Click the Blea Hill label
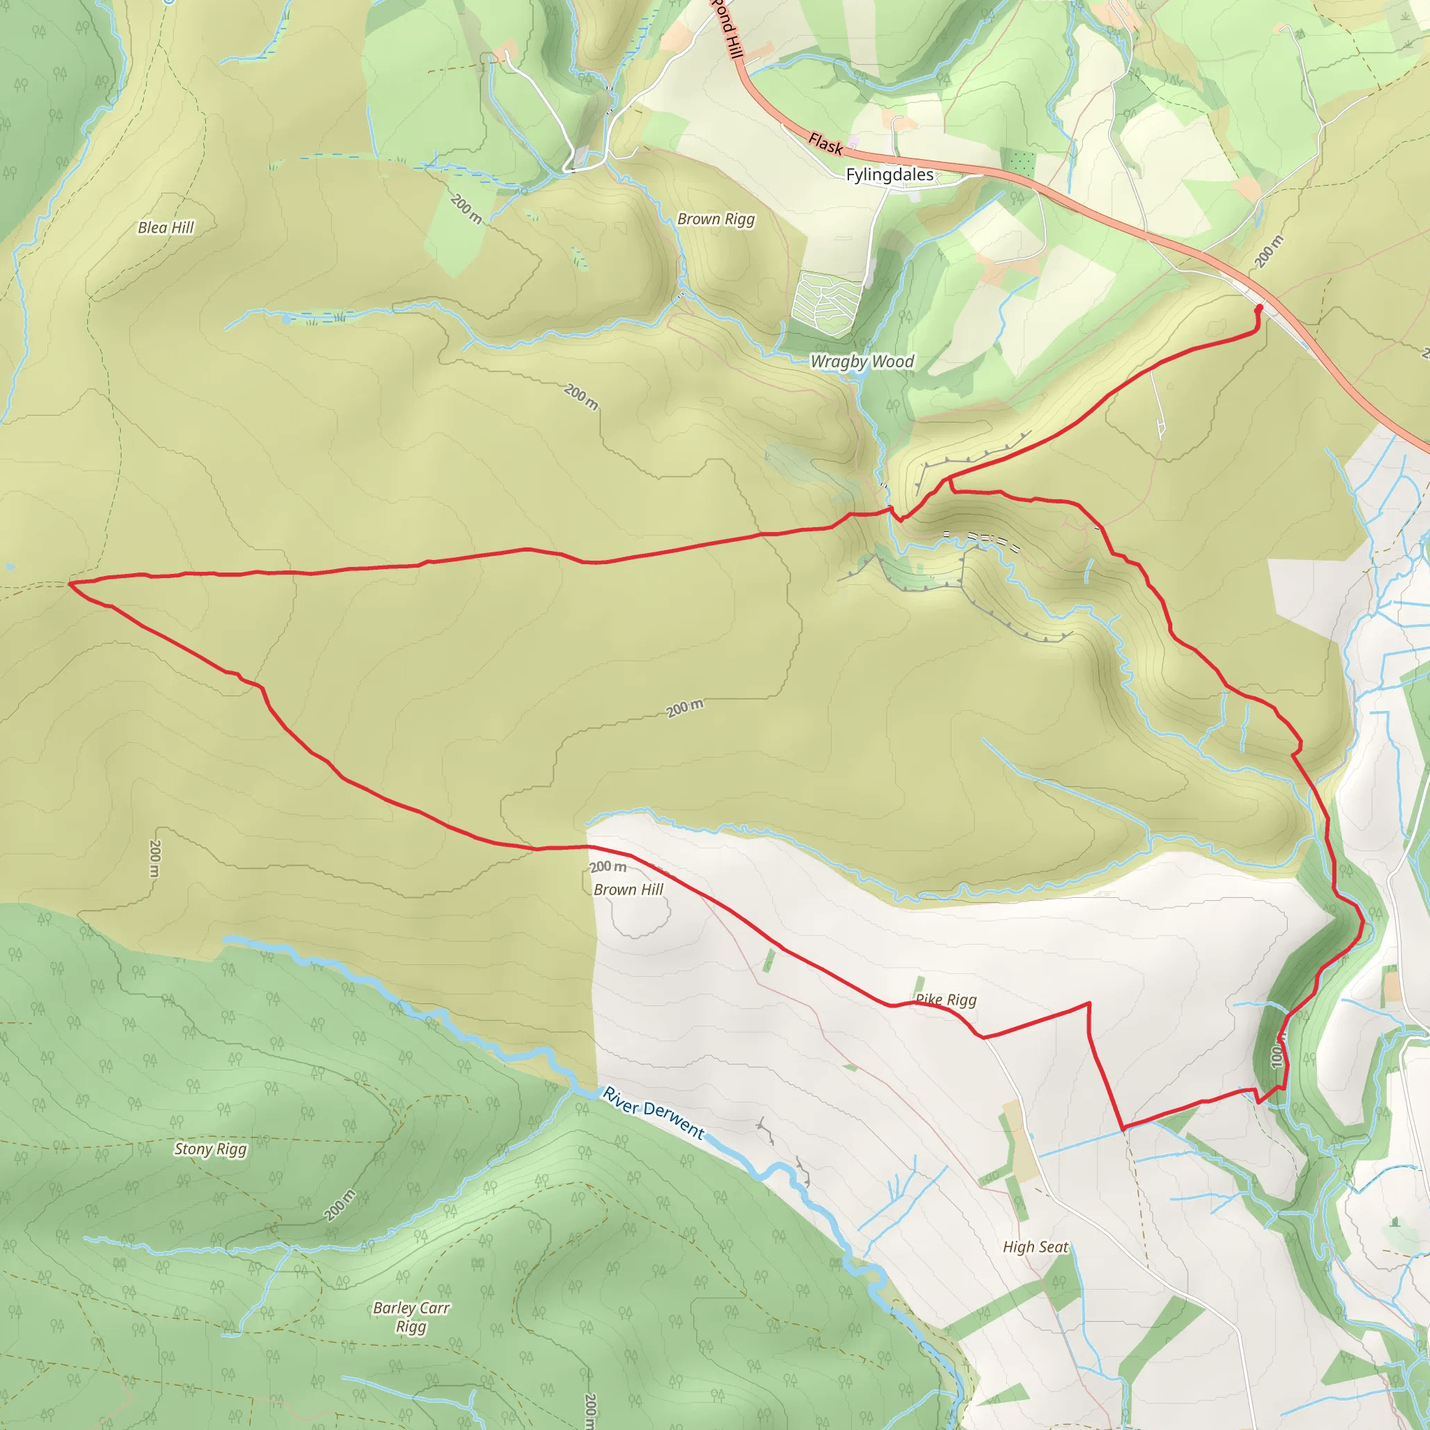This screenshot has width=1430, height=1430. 165,227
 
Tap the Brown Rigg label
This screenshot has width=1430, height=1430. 716,219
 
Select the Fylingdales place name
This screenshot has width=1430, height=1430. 890,175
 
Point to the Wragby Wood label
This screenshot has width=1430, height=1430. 862,361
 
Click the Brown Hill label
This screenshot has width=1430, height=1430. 628,890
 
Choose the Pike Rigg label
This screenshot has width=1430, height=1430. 946,1000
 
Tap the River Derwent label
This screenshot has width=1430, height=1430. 654,1112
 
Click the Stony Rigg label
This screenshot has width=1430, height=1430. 210,1149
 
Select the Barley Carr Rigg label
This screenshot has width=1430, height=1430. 411,1317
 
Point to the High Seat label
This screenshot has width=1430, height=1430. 1035,1247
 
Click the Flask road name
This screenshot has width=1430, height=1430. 825,144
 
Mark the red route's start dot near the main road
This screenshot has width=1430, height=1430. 1259,308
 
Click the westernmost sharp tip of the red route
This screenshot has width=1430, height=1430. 70,583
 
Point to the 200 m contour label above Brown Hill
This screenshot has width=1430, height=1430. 608,867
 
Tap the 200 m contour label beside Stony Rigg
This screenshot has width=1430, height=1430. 340,1205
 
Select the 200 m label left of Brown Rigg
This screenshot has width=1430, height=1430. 466,209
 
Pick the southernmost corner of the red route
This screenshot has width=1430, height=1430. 1123,1129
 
